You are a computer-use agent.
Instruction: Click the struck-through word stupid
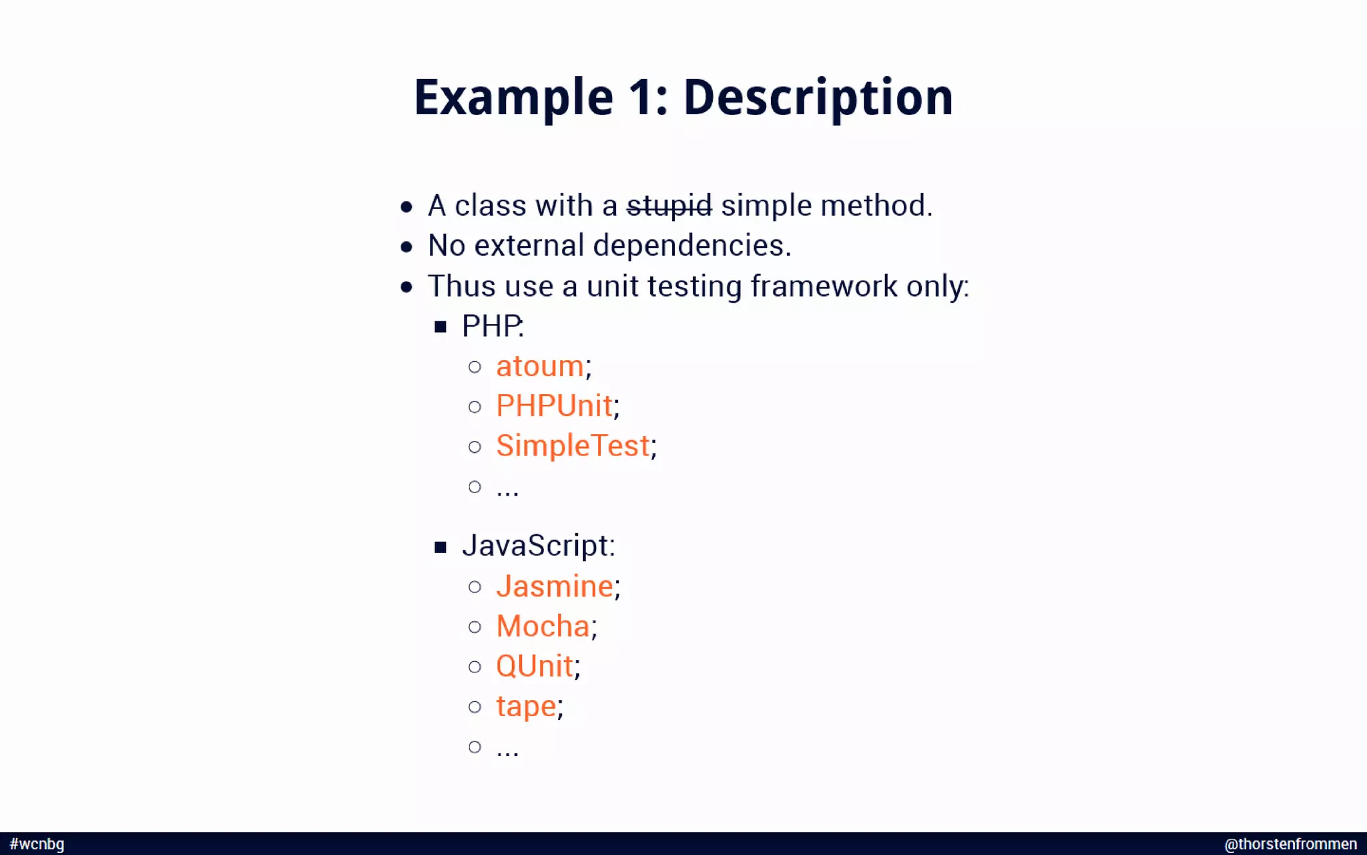pos(669,206)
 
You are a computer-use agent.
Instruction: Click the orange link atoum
pos(540,366)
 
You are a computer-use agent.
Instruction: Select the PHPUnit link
pos(554,406)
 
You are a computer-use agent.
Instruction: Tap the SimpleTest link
pos(573,446)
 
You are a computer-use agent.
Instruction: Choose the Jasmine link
pos(554,586)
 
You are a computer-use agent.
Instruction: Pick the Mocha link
pos(543,627)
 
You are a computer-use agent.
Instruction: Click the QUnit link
pos(534,666)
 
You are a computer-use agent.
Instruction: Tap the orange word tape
pos(526,706)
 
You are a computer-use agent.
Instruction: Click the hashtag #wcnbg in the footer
pos(37,844)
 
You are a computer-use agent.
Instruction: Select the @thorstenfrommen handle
pos(1290,844)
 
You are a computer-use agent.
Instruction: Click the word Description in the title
pos(818,98)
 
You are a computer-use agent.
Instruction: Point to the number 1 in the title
pos(642,98)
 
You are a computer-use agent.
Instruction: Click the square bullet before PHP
pos(440,327)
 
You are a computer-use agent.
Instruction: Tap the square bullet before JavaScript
pos(440,547)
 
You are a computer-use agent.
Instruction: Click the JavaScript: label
pos(538,546)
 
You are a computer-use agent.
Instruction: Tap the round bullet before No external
pos(406,247)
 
